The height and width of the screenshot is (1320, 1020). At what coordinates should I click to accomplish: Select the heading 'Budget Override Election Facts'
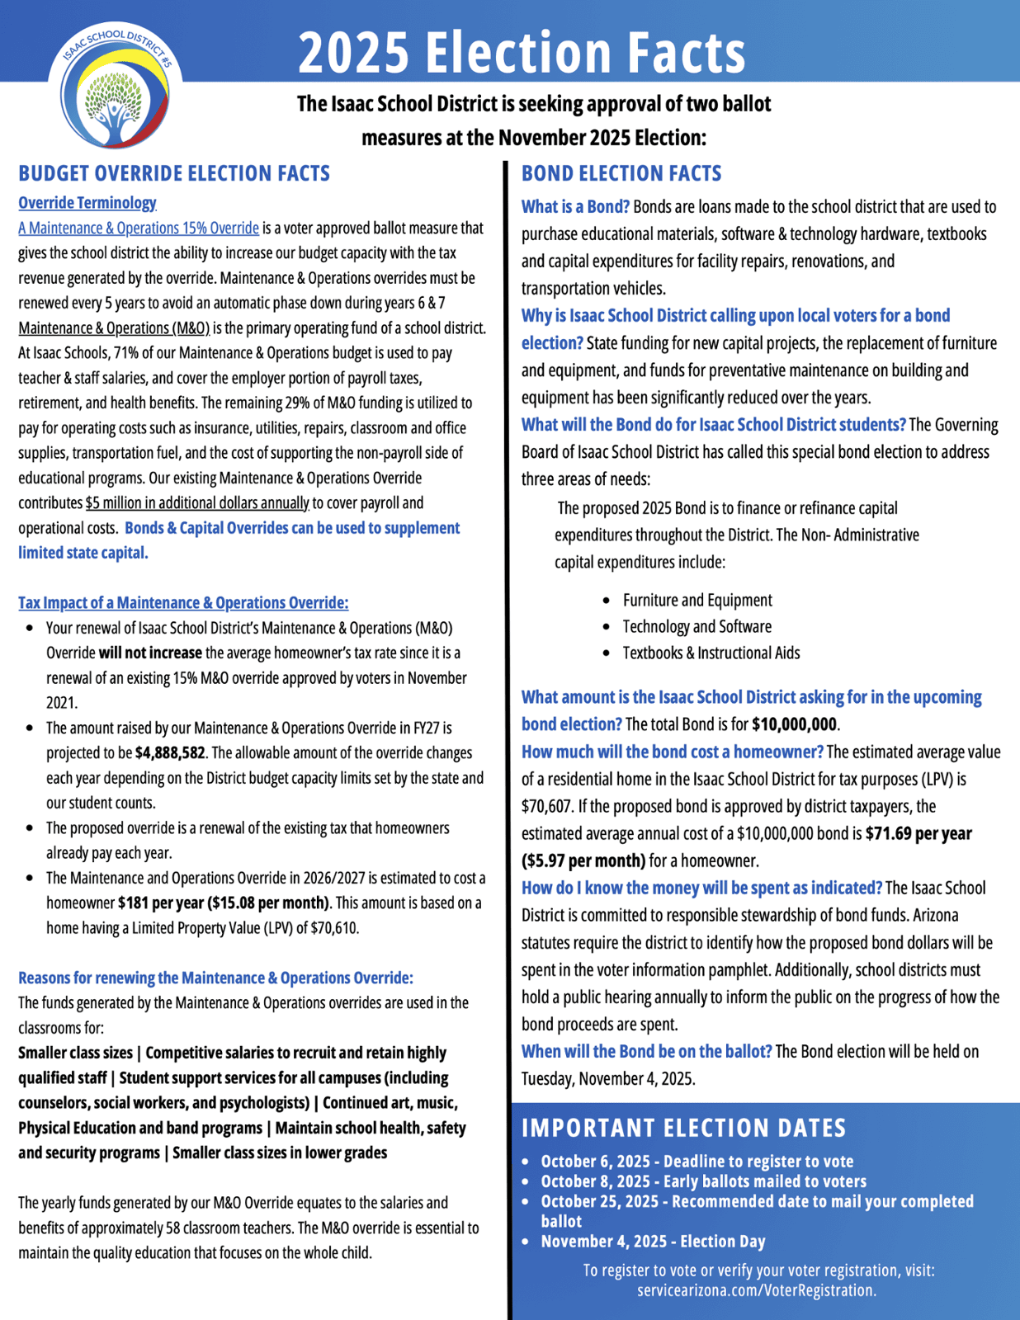coord(174,173)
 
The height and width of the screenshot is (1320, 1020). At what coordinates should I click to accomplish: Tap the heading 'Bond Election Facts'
coord(621,173)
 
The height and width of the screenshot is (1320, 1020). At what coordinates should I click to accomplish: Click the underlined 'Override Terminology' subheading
coord(87,203)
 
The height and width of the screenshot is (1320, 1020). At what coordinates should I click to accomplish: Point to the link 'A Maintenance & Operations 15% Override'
coord(139,229)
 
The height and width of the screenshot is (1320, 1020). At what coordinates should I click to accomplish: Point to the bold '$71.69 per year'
coord(918,833)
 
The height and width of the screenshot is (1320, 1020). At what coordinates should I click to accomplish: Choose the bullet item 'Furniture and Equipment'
coord(697,601)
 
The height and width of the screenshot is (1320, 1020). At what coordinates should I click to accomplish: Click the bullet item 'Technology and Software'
coord(697,627)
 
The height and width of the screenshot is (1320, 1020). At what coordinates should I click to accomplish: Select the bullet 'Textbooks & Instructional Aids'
coord(711,653)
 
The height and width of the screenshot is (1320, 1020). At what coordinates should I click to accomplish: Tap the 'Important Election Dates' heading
coord(684,1128)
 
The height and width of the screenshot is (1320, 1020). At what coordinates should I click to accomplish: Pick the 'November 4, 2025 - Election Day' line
coord(653,1242)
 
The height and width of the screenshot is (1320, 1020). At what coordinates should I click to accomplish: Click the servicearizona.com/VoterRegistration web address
coord(757,1290)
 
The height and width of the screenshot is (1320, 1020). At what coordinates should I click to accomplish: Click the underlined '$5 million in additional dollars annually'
coord(197,503)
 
